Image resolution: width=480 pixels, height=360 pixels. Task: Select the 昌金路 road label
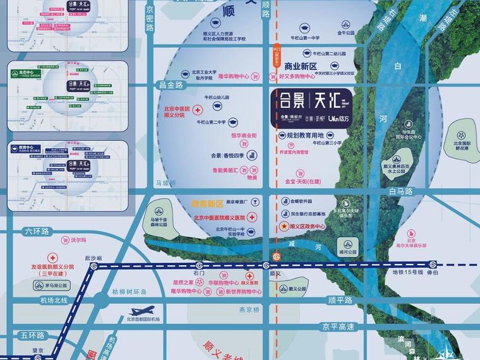171,84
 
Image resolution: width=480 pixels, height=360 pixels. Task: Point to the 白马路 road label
400,190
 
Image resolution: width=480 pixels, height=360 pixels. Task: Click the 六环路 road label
36,232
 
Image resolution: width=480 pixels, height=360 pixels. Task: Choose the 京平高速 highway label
337,327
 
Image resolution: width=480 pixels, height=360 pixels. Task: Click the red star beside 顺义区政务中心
284,225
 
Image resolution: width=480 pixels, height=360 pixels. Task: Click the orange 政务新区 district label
208,204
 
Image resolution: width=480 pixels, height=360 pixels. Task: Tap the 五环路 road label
32,335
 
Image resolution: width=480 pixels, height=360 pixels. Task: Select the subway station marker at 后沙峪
93,267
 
